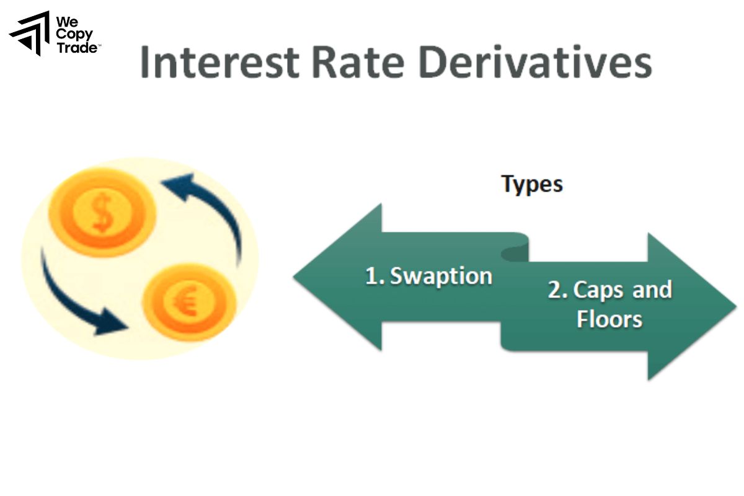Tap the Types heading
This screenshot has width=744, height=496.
[x=531, y=184]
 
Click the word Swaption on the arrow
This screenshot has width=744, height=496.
[x=441, y=276]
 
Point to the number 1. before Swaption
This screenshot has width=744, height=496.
[x=374, y=276]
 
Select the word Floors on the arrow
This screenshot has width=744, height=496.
[x=609, y=319]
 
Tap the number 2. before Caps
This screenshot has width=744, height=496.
[x=557, y=290]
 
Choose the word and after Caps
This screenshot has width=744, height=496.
[x=652, y=290]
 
